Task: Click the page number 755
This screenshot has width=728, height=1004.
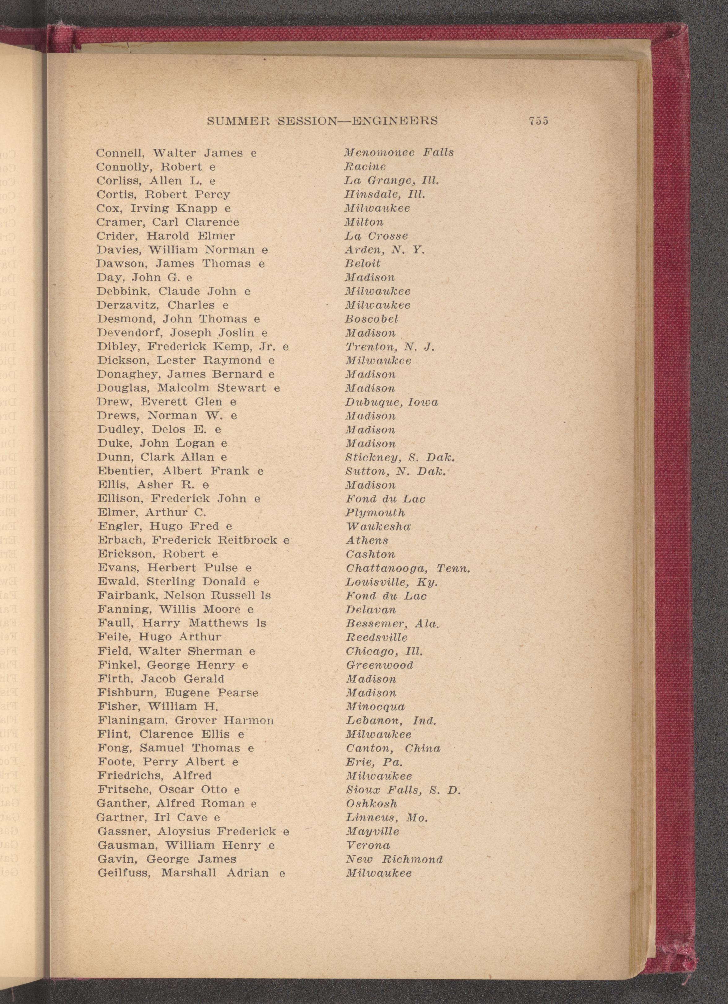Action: click(x=538, y=120)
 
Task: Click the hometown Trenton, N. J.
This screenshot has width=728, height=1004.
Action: click(x=390, y=347)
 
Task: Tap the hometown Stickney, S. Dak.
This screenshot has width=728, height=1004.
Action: click(x=400, y=457)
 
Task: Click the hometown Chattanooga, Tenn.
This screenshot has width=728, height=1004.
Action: click(x=408, y=568)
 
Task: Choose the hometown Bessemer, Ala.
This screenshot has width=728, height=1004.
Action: click(x=392, y=623)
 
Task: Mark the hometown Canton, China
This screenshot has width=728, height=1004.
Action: click(x=393, y=748)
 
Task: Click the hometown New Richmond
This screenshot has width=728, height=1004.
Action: click(x=394, y=859)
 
